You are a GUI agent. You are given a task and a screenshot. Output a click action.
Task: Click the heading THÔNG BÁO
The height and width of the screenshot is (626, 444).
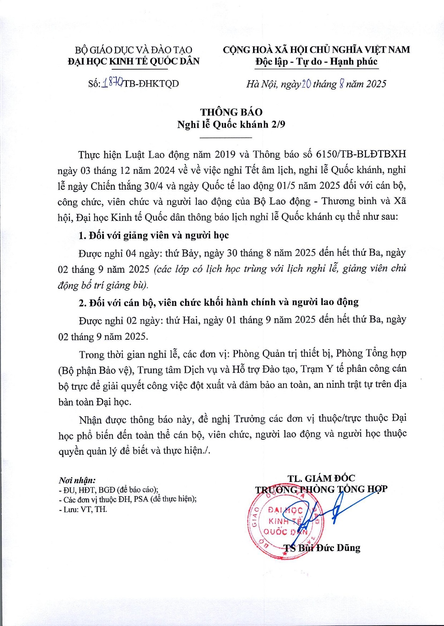point(231,112)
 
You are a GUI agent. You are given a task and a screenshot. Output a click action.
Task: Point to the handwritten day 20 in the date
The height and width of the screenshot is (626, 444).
point(306,84)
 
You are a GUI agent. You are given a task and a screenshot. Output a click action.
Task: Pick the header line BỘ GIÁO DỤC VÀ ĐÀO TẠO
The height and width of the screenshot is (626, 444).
point(133,50)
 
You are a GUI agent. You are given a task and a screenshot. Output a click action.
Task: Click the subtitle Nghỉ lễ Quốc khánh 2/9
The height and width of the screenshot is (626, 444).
point(231,124)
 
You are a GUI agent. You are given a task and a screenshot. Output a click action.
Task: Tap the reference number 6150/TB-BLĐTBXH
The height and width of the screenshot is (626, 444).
point(361,154)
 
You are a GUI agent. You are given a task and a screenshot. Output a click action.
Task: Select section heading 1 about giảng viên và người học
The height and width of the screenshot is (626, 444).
point(154,235)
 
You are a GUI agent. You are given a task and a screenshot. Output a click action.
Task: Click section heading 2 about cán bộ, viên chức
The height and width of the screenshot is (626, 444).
point(218,302)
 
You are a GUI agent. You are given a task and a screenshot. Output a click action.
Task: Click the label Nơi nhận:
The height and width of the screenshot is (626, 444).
point(77,480)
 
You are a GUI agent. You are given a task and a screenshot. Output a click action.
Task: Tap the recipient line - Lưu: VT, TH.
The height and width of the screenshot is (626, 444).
point(83,509)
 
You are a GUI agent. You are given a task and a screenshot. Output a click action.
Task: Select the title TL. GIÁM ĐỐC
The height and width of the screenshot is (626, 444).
point(321,478)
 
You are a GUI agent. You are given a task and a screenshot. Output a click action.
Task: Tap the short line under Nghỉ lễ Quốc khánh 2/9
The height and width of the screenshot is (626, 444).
point(226,137)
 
